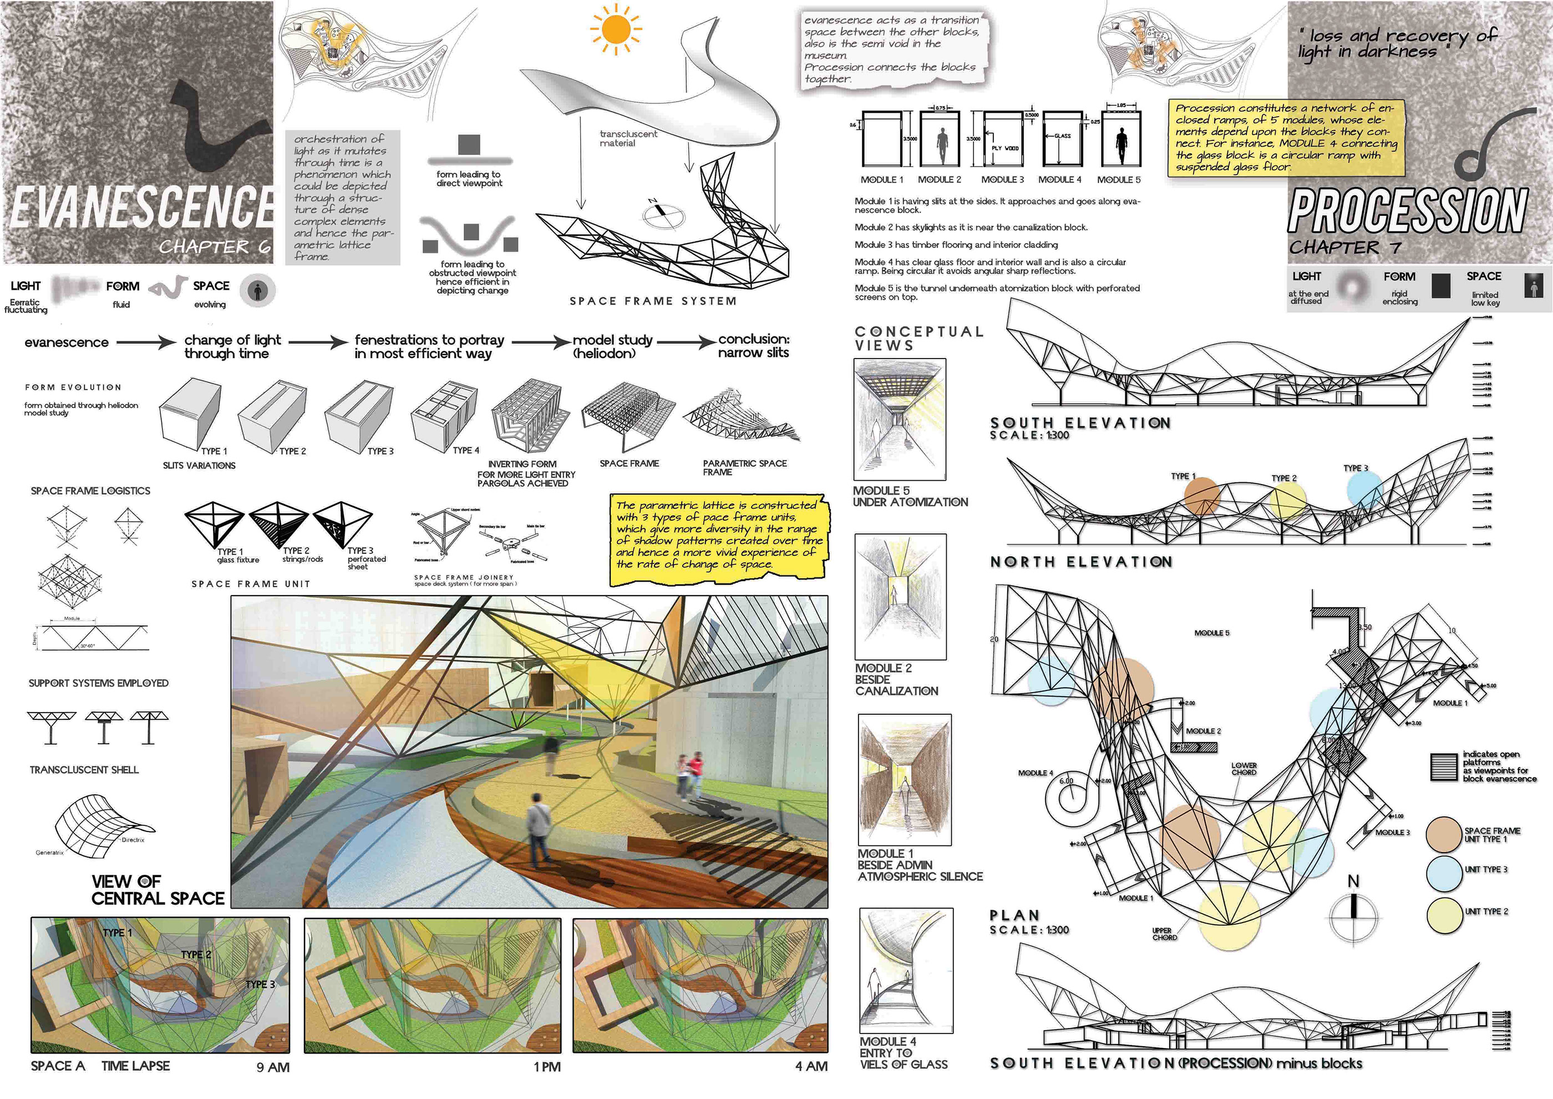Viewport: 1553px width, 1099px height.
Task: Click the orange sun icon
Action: point(616,29)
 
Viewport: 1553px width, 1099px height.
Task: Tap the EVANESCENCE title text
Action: point(142,206)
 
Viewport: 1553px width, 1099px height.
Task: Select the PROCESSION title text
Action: point(1407,210)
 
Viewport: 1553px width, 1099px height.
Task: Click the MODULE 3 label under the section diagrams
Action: point(1002,179)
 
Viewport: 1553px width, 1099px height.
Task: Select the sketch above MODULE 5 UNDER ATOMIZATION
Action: point(900,420)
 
